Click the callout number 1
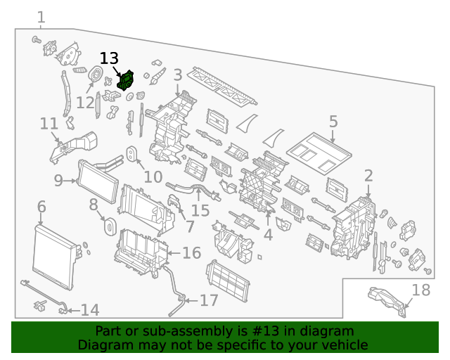pyautogui.click(x=41, y=17)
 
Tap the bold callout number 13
pyautogui.click(x=109, y=59)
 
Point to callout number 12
pyautogui.click(x=85, y=103)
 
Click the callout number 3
pyautogui.click(x=178, y=75)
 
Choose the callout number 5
pyautogui.click(x=333, y=121)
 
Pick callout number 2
pyautogui.click(x=368, y=176)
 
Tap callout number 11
pyautogui.click(x=49, y=124)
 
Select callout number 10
pyautogui.click(x=153, y=177)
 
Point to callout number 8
pyautogui.click(x=93, y=205)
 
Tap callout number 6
pyautogui.click(x=41, y=207)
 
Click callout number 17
pyautogui.click(x=209, y=301)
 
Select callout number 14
pyautogui.click(x=89, y=310)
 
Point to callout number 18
pyautogui.click(x=420, y=290)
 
